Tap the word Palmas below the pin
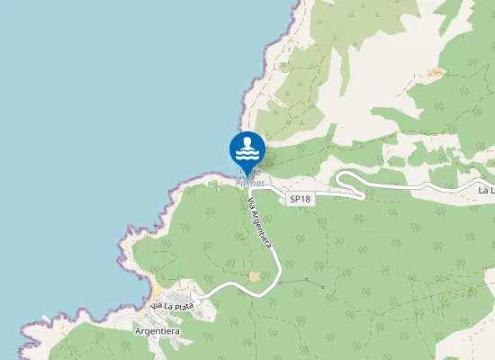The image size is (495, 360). click(250, 184)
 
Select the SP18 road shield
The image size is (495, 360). click(300, 198)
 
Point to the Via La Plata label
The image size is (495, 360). click(172, 307)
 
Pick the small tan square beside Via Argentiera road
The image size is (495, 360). click(254, 276)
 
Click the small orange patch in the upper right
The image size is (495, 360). click(436, 72)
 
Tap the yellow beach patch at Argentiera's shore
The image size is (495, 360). click(156, 294)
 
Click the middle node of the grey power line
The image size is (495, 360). click(305, 281)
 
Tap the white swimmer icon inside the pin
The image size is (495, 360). click(247, 147)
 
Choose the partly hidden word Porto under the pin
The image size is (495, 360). click(249, 173)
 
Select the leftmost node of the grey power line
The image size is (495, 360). click(280, 283)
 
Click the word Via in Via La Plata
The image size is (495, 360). click(156, 308)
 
